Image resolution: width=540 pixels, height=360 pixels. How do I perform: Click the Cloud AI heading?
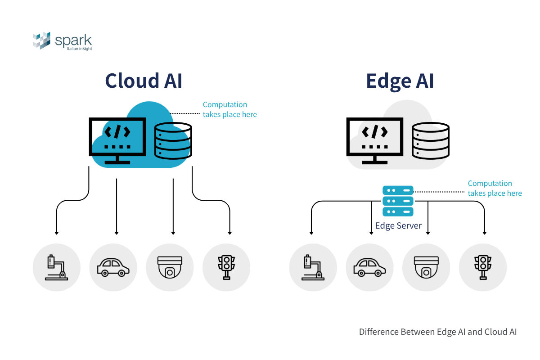(144, 81)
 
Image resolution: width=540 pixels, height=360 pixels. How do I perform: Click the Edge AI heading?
(400, 81)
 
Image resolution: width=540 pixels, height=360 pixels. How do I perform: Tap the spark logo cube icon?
(41, 40)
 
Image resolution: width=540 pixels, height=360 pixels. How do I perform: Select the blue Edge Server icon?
(398, 201)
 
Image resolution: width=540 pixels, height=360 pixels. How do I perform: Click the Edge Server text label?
(398, 226)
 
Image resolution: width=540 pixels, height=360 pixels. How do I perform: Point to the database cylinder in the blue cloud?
(173, 140)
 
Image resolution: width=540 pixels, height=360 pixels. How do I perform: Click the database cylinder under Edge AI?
(431, 140)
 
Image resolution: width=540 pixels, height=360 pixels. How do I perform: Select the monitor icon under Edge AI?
(375, 137)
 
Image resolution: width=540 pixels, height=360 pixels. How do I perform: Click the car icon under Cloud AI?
(113, 267)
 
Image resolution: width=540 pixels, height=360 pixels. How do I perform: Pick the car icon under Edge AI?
(369, 267)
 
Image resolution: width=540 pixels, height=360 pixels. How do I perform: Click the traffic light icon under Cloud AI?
(226, 267)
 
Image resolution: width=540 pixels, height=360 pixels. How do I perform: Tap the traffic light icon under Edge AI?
(483, 267)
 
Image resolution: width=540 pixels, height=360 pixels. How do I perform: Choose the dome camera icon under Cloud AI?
(170, 267)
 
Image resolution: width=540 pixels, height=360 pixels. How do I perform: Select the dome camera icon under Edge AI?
(426, 267)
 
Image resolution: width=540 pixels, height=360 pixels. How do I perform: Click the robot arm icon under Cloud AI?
(56, 267)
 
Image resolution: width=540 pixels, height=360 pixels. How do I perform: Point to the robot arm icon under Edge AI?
(313, 267)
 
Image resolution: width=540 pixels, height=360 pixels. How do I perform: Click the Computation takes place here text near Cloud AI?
(229, 109)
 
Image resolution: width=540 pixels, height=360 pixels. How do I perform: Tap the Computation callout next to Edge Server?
(495, 188)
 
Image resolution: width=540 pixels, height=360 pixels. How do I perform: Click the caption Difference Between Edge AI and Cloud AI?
(437, 332)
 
